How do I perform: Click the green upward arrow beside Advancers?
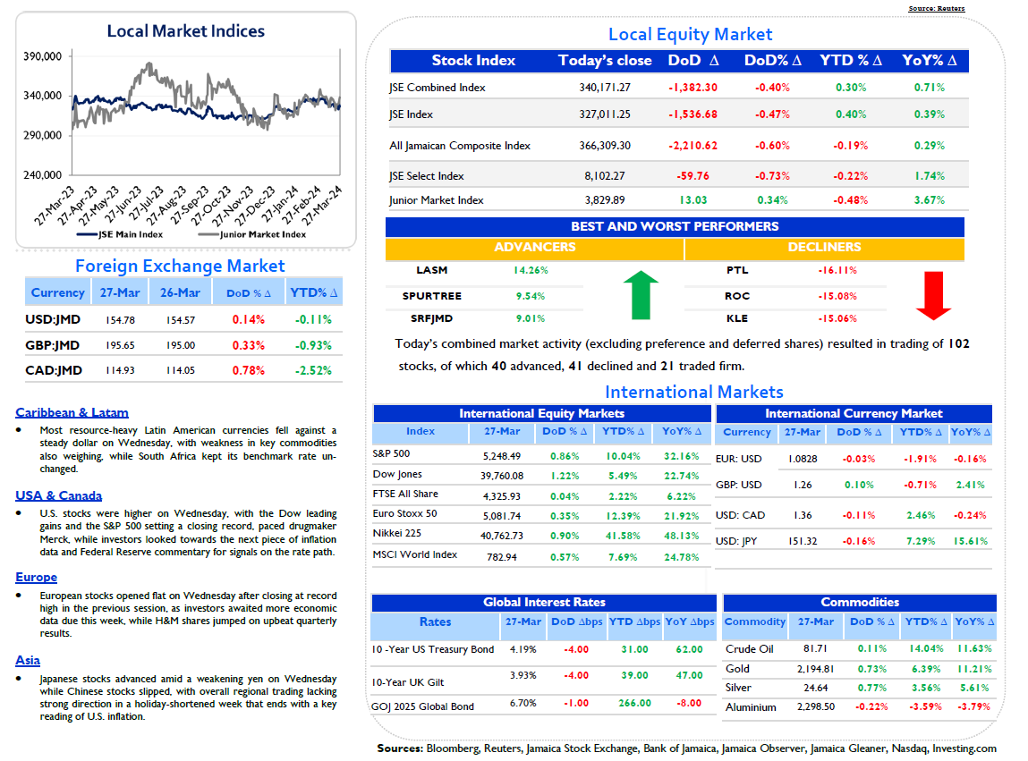[x=641, y=295]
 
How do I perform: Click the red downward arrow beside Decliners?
[x=933, y=296]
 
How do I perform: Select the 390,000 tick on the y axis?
[x=43, y=56]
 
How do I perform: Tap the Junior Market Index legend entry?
[x=251, y=234]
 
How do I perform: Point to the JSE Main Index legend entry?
[x=119, y=234]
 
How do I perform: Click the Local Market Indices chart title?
[x=185, y=30]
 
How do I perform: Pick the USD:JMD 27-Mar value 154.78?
[x=120, y=320]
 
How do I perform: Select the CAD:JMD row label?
[x=54, y=370]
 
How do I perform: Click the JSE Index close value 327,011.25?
[x=605, y=114]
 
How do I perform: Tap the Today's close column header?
[x=605, y=60]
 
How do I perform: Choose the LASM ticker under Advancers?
[x=431, y=270]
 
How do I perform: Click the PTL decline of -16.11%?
[x=837, y=270]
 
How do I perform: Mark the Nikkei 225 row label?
[x=396, y=533]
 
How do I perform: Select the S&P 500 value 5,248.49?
[x=502, y=456]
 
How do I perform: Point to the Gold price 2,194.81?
[x=816, y=669]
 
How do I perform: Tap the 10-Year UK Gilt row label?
[x=407, y=682]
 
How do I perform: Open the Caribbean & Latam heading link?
[x=72, y=413]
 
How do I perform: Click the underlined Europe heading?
[x=36, y=578]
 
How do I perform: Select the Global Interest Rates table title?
[x=544, y=603]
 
